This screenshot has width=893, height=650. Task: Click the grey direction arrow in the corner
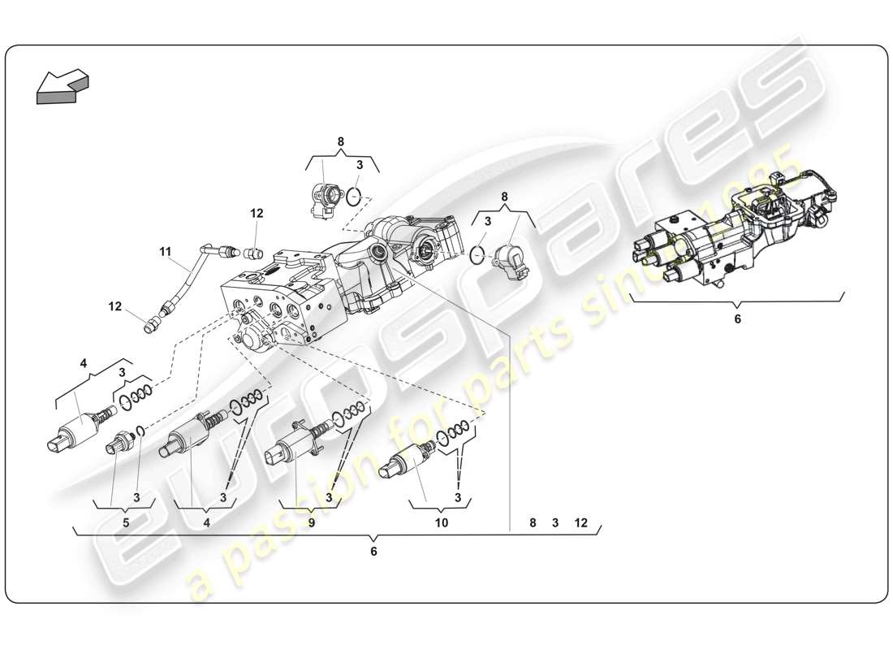coord(62,85)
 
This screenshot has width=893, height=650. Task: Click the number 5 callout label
coord(126,523)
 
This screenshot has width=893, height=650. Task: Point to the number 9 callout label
coord(311,523)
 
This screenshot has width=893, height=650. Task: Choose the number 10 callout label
coord(441,523)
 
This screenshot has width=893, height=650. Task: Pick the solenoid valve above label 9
coord(296,445)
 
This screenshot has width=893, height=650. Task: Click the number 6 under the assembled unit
coord(737,319)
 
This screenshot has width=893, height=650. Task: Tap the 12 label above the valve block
coord(257,214)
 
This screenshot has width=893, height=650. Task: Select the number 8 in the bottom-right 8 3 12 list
coord(533,523)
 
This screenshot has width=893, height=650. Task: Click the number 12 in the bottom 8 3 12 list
coord(580,523)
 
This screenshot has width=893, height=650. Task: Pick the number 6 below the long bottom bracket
coord(373,552)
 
